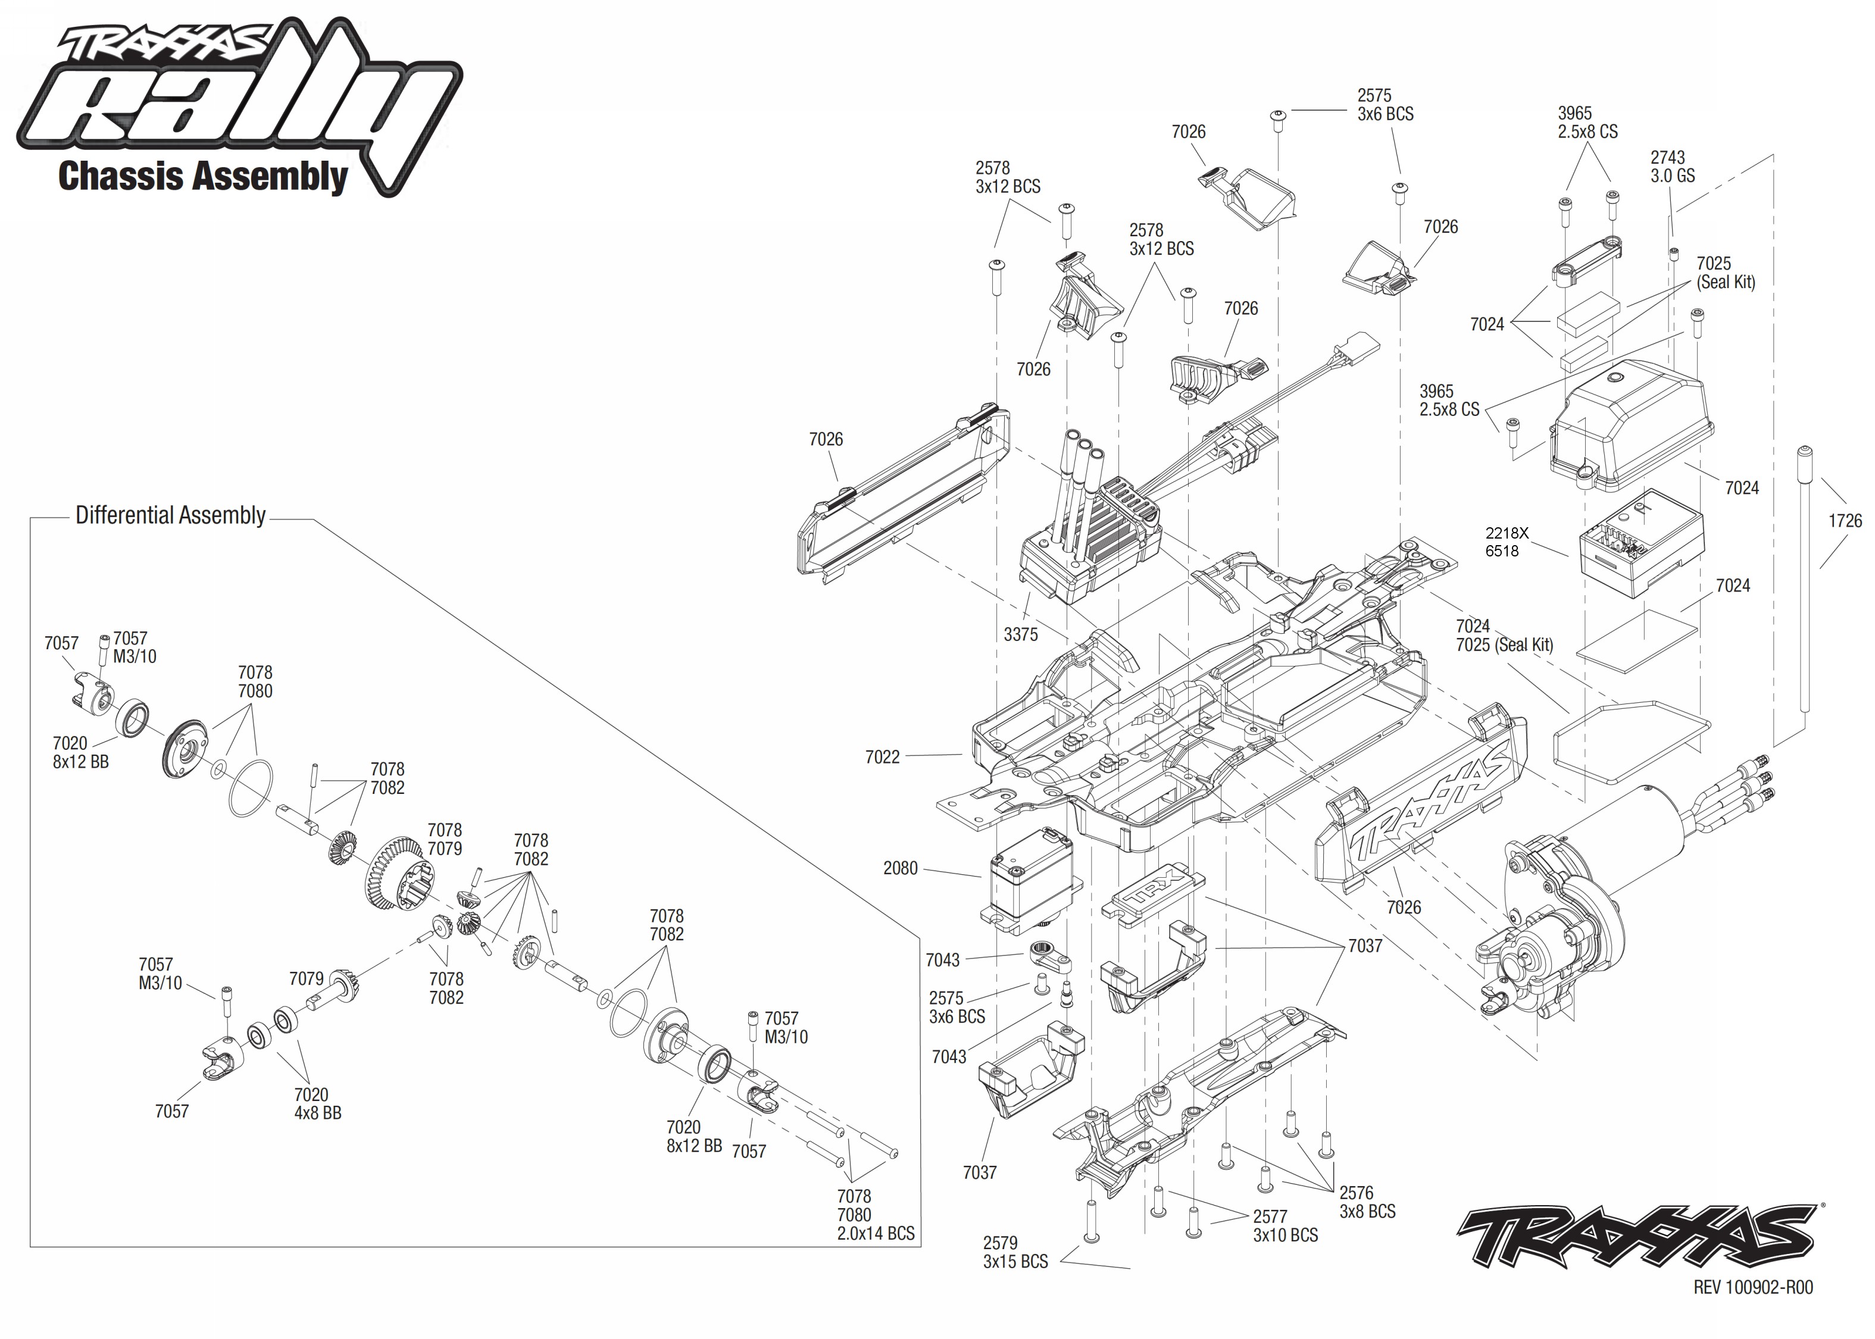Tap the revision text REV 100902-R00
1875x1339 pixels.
1753,1287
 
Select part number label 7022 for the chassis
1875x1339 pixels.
882,757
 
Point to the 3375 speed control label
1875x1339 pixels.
1020,634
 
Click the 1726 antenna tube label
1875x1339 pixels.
1845,521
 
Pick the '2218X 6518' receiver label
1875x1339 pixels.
1507,542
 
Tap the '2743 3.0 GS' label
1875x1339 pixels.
1672,167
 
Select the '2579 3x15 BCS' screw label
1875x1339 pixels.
1014,1252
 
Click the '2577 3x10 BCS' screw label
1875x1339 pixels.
1285,1226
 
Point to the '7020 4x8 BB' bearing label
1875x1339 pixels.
317,1103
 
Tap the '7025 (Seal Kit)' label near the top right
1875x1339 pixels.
1725,272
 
